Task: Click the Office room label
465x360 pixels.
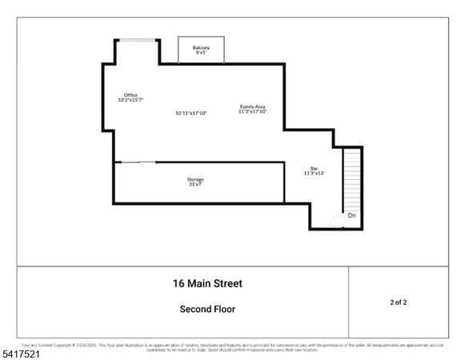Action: click(x=130, y=94)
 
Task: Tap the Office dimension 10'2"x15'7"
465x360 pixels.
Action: click(x=130, y=100)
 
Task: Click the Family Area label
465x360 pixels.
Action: click(x=252, y=106)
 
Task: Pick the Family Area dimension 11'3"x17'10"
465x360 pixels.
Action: click(x=252, y=112)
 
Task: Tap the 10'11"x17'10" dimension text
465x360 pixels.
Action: click(x=191, y=113)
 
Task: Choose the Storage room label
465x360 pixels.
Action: click(x=195, y=179)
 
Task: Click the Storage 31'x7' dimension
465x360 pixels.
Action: click(x=195, y=185)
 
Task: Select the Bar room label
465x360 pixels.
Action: click(x=315, y=167)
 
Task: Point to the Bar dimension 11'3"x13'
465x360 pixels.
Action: click(x=315, y=173)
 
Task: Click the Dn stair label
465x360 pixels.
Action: click(x=351, y=215)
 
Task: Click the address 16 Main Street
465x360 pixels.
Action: click(x=206, y=283)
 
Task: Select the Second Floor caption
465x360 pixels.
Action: click(x=206, y=308)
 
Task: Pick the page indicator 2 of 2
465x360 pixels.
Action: click(x=397, y=302)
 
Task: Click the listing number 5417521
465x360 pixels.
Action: click(x=22, y=352)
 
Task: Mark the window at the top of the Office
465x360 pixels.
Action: click(x=134, y=40)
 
